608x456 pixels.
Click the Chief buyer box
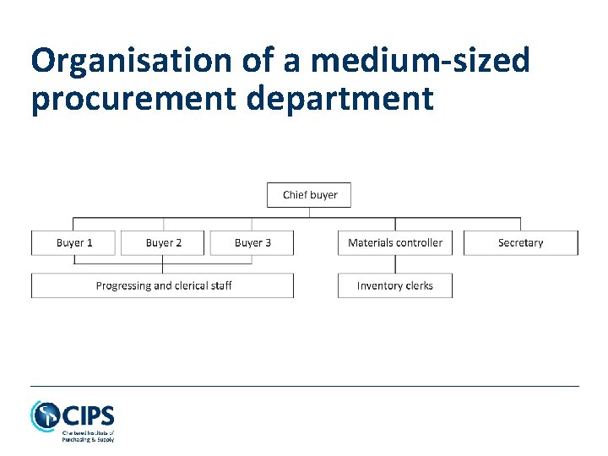click(309, 195)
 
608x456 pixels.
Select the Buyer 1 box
click(74, 243)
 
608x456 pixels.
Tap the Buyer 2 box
click(163, 243)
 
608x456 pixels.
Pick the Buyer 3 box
click(252, 243)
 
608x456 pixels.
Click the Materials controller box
click(395, 243)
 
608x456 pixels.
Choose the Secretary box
click(521, 243)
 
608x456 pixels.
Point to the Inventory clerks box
click(395, 286)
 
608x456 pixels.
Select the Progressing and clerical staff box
click(163, 286)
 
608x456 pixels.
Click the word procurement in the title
click(135, 98)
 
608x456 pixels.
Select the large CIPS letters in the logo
click(88, 415)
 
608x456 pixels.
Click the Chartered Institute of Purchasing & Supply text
click(88, 436)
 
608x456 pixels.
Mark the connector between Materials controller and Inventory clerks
click(395, 264)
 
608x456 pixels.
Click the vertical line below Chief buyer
click(309, 213)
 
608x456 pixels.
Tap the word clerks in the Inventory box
click(418, 286)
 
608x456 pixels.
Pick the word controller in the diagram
click(420, 243)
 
